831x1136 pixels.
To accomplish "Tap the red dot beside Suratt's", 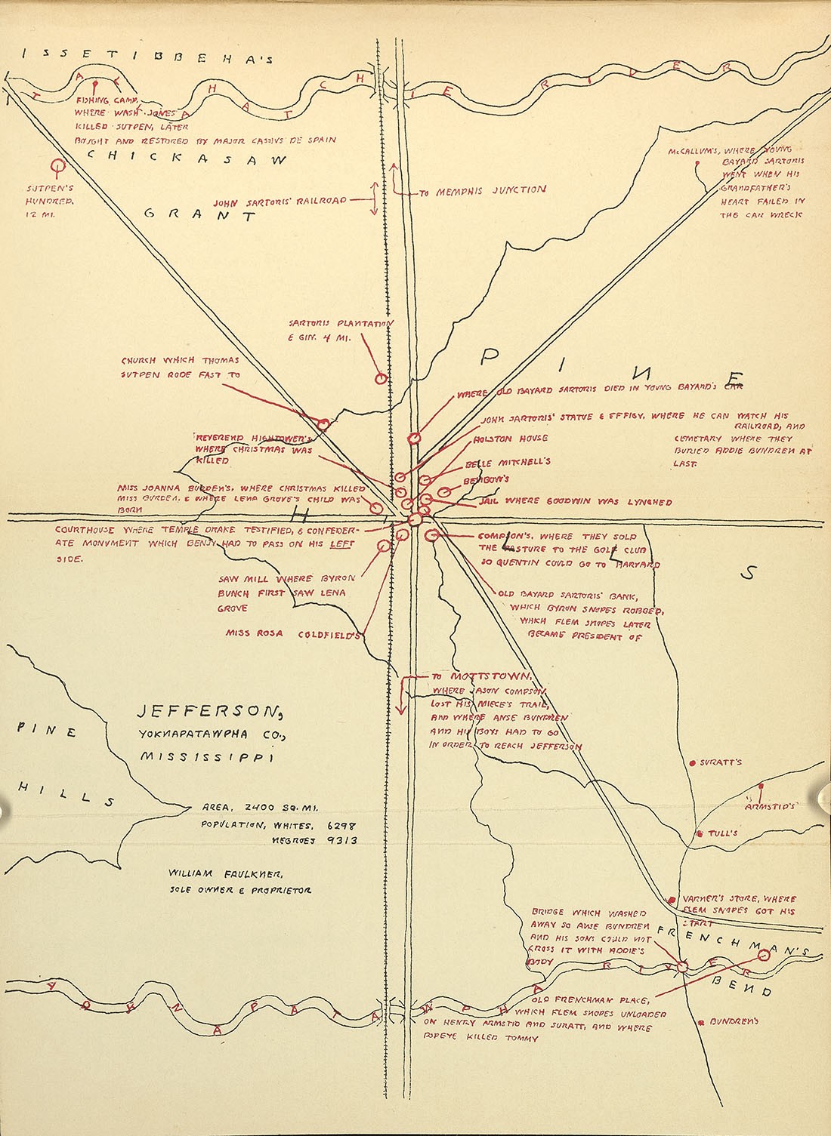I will coord(693,763).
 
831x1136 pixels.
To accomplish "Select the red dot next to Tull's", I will coord(700,833).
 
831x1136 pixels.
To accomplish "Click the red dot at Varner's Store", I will coord(672,899).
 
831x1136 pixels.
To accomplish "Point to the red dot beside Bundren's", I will coord(702,1021).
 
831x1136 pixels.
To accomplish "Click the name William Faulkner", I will coord(226,873).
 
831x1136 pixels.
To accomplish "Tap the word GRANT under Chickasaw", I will coord(200,214).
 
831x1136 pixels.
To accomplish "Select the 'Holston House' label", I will coord(511,439).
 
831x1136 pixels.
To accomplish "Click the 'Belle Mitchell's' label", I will coord(508,462).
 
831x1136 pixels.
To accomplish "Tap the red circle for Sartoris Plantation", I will coord(381,379).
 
